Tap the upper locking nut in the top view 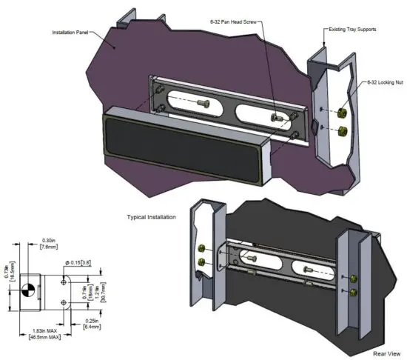(x=343, y=113)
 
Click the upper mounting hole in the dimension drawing (x=63, y=280)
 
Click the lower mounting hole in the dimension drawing (x=63, y=303)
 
